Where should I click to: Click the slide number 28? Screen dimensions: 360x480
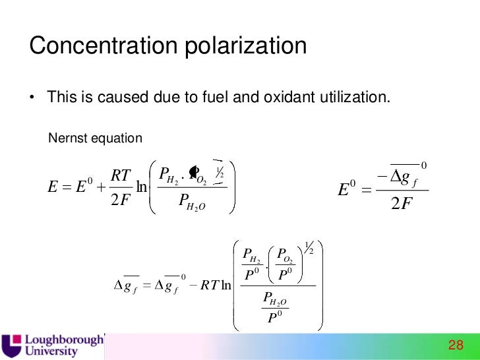point(456,345)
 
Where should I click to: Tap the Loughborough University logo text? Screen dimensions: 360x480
point(64,345)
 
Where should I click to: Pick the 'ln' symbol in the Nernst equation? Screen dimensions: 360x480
point(140,188)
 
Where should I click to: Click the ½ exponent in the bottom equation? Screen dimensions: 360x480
point(308,247)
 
